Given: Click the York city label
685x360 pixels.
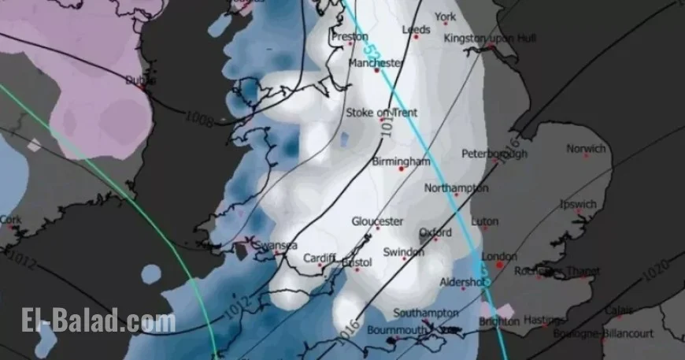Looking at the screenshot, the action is tap(445, 17).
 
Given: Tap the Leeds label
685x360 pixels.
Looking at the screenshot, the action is tap(416, 30).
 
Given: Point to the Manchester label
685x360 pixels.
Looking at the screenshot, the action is tap(375, 63).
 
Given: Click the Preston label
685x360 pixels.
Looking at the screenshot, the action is tap(350, 36).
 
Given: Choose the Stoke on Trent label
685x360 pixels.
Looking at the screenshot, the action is tap(382, 113).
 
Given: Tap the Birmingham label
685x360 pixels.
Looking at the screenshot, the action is tap(401, 161).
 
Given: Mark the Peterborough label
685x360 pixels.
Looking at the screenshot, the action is tap(494, 154).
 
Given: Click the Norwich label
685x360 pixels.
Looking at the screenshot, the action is tap(587, 149).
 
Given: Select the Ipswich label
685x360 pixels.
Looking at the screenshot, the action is tap(578, 205).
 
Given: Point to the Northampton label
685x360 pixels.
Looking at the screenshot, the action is tap(456, 188).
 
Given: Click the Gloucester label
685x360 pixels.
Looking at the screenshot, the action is tap(377, 221).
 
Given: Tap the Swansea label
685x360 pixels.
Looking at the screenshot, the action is tap(277, 245).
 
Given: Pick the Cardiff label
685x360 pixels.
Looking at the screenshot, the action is tap(319, 258).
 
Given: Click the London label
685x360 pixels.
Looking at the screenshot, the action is tap(498, 257).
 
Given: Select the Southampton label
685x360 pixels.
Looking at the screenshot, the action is tap(425, 313).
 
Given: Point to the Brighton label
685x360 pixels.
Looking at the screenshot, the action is tap(499, 321).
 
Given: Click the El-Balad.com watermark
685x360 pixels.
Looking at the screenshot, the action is tap(98, 321).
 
